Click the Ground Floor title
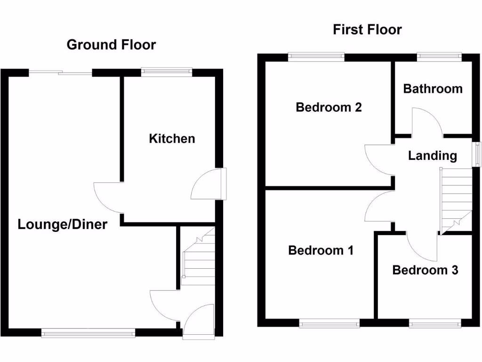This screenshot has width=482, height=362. point(111,45)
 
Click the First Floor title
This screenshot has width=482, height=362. point(367,30)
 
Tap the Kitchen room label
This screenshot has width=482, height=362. point(172,139)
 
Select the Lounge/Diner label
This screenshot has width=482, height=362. point(63,224)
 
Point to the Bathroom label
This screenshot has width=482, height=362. point(433,89)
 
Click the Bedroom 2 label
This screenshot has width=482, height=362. point(329,107)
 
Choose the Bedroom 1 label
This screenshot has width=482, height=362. point(321,250)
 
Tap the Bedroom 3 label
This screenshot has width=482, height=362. point(425,270)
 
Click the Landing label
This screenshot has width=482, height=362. point(432,156)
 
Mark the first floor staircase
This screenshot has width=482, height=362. point(455,200)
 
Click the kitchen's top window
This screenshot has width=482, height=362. point(167,72)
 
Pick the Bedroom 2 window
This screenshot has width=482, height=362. point(316,57)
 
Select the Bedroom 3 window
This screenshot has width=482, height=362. point(434,323)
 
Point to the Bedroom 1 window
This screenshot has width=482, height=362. point(329,323)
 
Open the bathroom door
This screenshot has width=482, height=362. point(426,122)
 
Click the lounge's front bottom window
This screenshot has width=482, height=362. point(88,333)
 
